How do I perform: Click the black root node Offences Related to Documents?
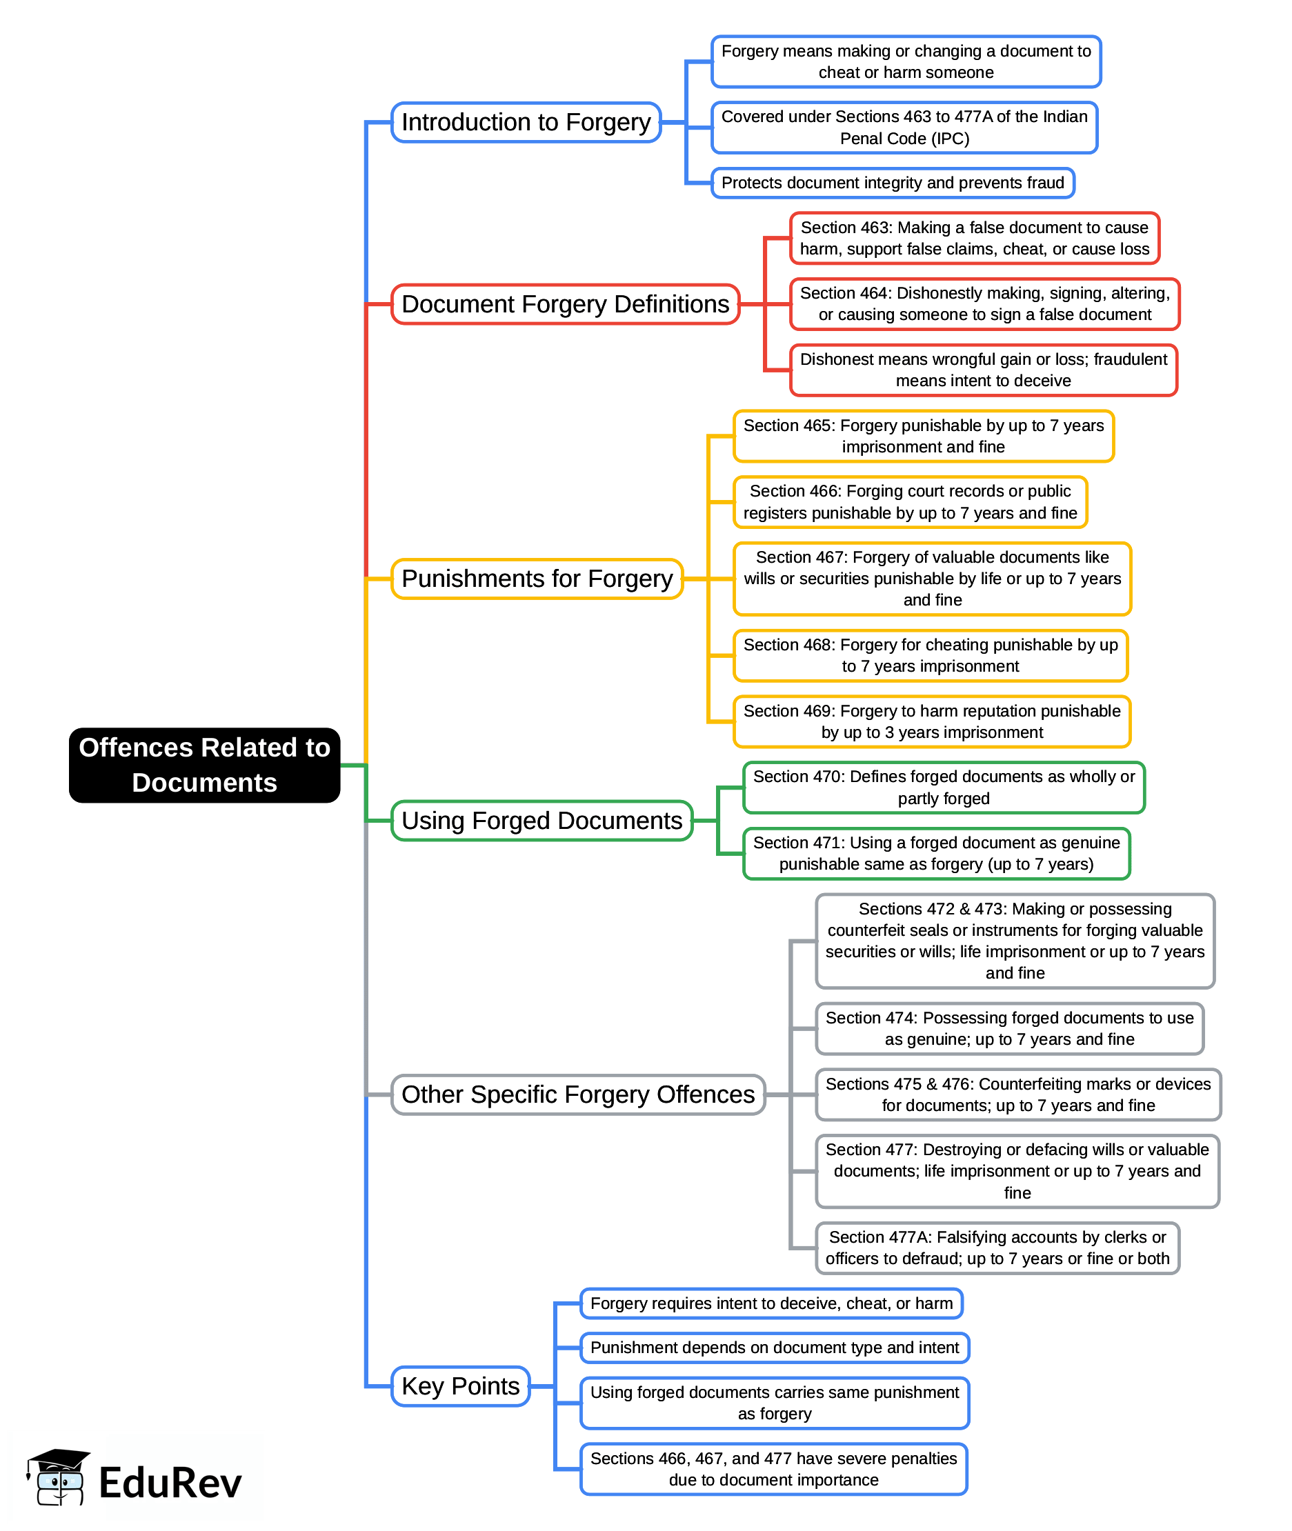(x=204, y=764)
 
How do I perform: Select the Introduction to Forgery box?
(x=526, y=122)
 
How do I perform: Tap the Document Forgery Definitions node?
(x=565, y=304)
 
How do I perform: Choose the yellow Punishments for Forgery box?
(x=537, y=579)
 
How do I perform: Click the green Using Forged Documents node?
(x=541, y=820)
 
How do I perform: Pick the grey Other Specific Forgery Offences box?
(x=578, y=1094)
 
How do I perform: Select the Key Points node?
(x=460, y=1385)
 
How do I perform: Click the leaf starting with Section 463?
(x=974, y=238)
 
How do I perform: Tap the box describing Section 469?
(x=932, y=721)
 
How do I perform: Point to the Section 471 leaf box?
(x=936, y=853)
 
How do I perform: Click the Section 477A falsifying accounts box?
(x=997, y=1247)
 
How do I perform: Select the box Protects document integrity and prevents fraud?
(x=892, y=183)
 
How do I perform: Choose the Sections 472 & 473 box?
(x=1015, y=940)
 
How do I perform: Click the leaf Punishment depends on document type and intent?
(x=774, y=1348)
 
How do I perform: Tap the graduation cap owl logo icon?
(x=59, y=1477)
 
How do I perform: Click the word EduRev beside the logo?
(x=170, y=1483)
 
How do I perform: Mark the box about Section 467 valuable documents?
(x=932, y=579)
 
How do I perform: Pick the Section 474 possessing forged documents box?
(x=1008, y=1028)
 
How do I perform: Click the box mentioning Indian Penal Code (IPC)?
(x=904, y=128)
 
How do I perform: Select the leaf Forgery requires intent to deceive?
(x=771, y=1303)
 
